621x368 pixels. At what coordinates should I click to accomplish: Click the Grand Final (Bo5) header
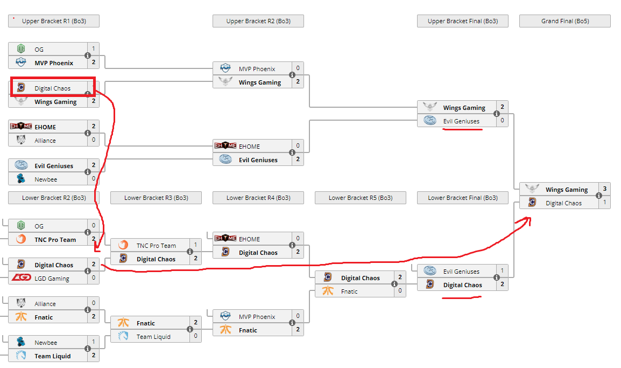[x=564, y=21]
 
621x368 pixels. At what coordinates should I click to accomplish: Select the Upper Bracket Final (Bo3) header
[x=462, y=21]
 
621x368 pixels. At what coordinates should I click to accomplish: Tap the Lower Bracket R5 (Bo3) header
[x=360, y=198]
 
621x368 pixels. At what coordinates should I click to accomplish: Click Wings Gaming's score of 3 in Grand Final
[x=604, y=189]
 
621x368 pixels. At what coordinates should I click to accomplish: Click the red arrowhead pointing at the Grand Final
[x=528, y=219]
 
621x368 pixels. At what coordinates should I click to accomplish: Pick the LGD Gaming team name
[x=52, y=279]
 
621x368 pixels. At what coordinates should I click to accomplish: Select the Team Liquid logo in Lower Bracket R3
[x=123, y=337]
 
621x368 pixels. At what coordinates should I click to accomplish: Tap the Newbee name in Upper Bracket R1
[x=46, y=179]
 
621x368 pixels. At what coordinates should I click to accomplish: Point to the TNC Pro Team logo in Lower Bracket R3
[x=123, y=245]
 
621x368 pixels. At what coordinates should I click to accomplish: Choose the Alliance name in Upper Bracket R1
[x=45, y=141]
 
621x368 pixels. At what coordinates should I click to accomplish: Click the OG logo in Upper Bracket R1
[x=21, y=49]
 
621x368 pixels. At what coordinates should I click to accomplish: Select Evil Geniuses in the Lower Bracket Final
[x=461, y=272]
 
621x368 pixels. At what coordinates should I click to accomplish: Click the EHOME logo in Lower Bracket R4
[x=225, y=239]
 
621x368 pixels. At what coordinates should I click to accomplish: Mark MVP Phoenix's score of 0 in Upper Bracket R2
[x=298, y=68]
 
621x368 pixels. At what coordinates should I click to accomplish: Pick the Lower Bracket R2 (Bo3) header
[x=54, y=198]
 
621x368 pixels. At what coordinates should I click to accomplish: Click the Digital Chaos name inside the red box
[x=52, y=88]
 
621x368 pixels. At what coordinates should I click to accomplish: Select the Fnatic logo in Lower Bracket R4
[x=225, y=330]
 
